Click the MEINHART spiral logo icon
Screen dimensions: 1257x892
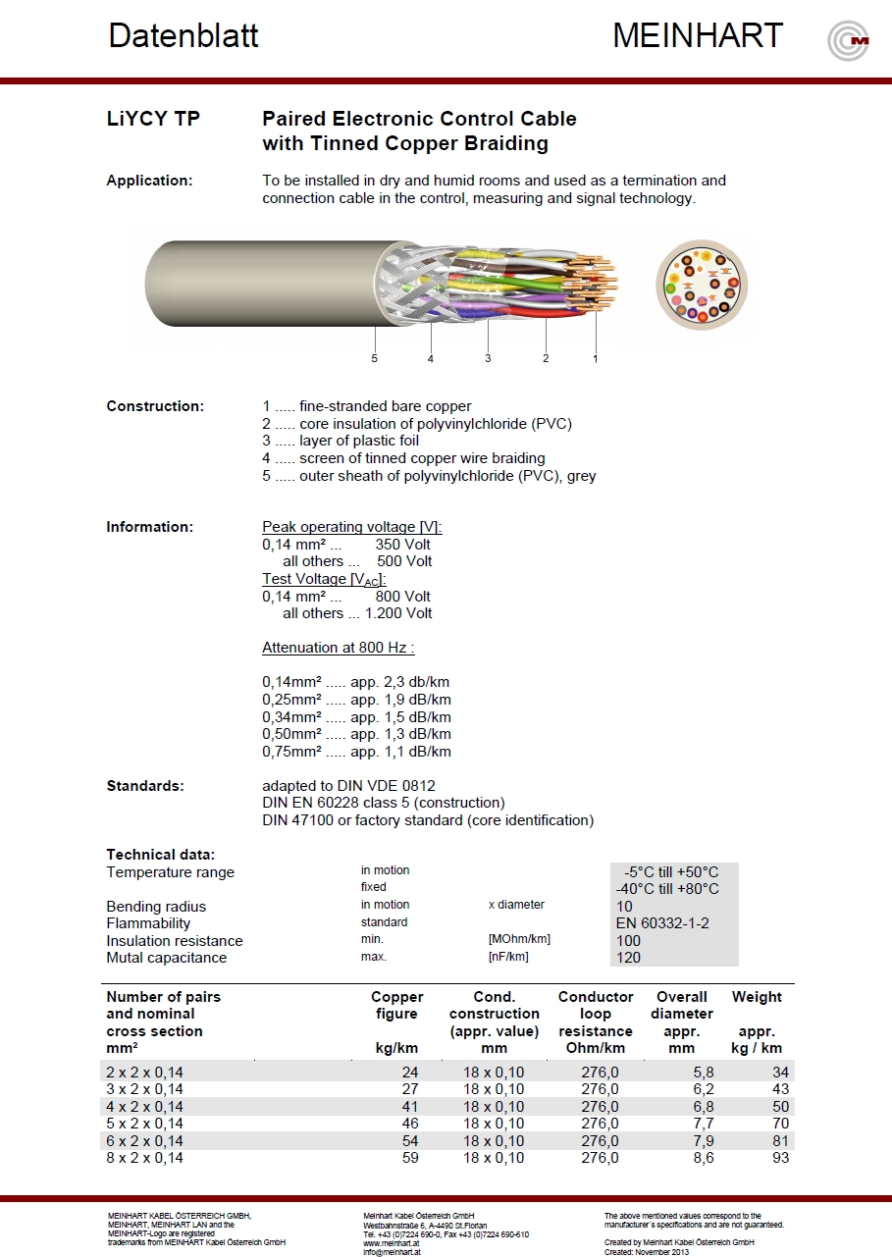pos(848,41)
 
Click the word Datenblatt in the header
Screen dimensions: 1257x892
pos(184,36)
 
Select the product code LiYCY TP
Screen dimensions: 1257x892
pos(153,119)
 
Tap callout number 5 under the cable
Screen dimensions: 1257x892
pos(374,359)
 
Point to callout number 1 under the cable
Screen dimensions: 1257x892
pos(595,359)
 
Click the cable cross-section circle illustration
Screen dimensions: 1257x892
pos(702,284)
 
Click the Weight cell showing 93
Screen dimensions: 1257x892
pos(779,1158)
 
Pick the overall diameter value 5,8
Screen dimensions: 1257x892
pos(703,1073)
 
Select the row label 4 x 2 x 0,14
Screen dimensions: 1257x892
pos(144,1107)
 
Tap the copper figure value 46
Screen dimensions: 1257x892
pos(409,1124)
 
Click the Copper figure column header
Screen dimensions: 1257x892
pos(396,1006)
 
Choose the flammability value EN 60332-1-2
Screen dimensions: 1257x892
pos(662,923)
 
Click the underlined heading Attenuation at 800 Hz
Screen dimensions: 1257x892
pos(338,648)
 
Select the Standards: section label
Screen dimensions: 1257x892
pos(145,786)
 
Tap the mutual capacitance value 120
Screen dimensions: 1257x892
pos(629,958)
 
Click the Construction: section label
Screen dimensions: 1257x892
pos(155,406)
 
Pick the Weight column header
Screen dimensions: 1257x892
pos(757,997)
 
